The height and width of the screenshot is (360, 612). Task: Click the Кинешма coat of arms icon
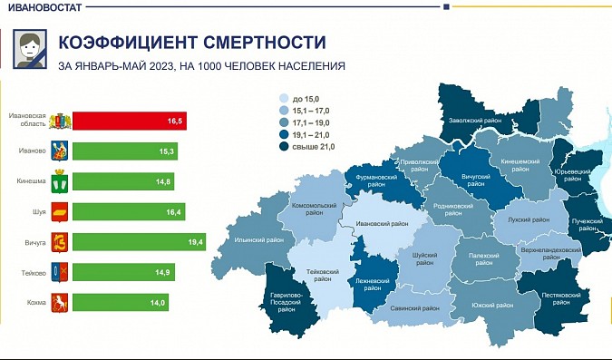pos(61,181)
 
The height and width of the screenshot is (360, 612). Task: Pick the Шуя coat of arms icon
pos(61,211)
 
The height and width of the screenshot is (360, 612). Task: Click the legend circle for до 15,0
pos(285,98)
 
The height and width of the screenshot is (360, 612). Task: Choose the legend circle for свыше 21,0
pos(285,145)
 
